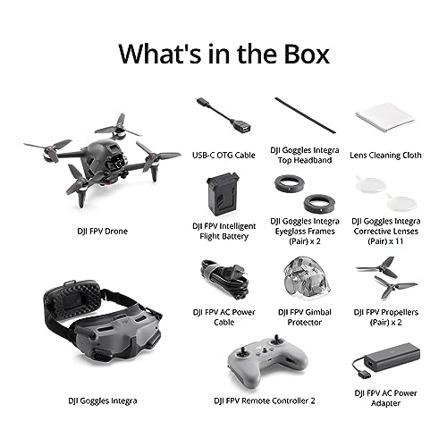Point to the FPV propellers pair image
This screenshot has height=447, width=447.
(x=386, y=277)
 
